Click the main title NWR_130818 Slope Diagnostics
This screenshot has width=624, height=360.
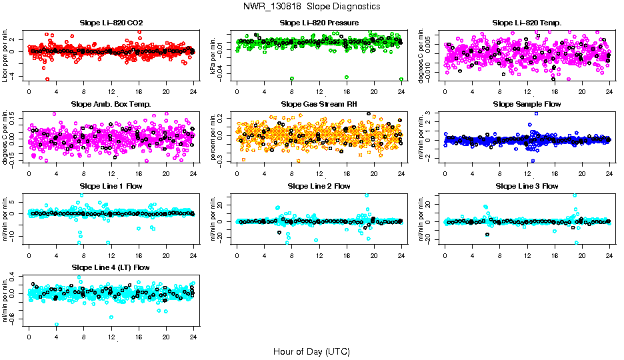[x=312, y=6]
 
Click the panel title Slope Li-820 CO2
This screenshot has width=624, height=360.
[x=111, y=23]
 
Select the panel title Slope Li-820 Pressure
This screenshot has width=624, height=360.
[x=319, y=23]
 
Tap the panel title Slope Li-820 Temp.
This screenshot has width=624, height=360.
[x=527, y=23]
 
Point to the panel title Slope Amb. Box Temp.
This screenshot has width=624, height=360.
[x=111, y=104]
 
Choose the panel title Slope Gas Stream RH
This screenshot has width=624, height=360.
[x=319, y=104]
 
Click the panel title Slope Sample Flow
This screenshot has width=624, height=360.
[x=527, y=104]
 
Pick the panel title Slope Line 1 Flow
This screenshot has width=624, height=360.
[x=111, y=186]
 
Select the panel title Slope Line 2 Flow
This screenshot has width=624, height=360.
[x=319, y=186]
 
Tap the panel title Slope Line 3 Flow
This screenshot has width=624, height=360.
[x=527, y=186]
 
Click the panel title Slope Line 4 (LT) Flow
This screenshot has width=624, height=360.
[x=111, y=267]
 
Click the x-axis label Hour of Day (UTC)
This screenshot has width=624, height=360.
[x=311, y=351]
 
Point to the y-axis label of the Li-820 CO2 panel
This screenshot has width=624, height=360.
[x=6, y=56]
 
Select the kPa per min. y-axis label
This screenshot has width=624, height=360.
[x=214, y=56]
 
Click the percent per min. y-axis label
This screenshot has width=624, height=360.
[x=214, y=137]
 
